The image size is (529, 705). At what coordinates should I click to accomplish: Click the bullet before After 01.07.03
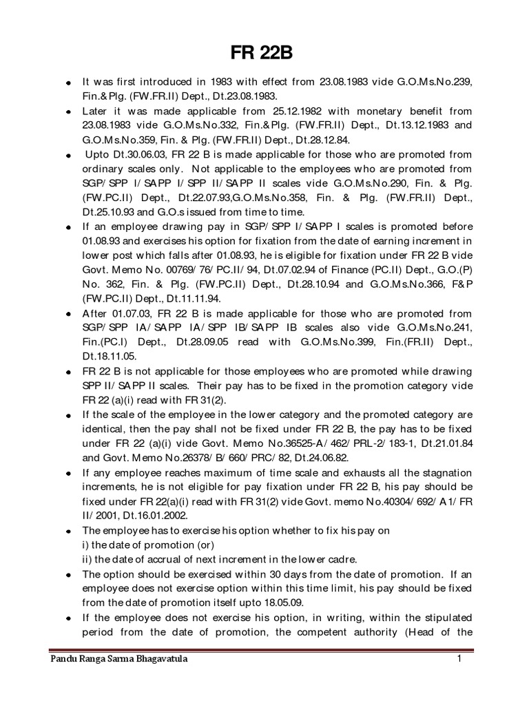(x=69, y=313)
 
